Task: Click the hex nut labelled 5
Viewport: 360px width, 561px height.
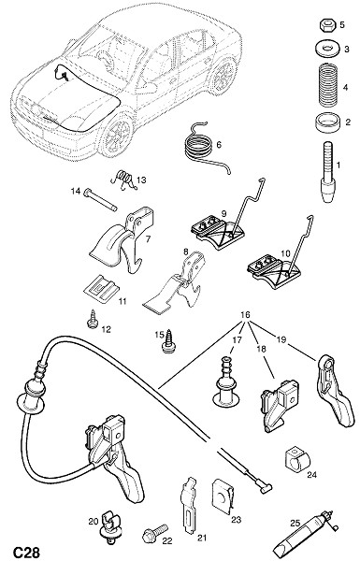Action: coord(326,25)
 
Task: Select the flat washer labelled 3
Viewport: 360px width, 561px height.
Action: coord(326,48)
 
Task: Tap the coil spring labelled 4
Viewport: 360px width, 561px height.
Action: coord(327,85)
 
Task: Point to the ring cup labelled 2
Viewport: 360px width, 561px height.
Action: coord(326,123)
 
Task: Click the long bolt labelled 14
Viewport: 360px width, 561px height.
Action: coord(100,200)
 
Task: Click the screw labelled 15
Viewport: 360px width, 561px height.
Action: coord(167,341)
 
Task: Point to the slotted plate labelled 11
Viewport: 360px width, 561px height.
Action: coord(101,287)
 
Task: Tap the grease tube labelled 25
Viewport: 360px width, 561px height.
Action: coord(306,531)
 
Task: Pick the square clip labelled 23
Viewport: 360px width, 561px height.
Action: coord(223,496)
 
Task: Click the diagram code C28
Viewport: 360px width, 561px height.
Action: coord(26,552)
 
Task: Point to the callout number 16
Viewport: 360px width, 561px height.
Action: coord(245,315)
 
